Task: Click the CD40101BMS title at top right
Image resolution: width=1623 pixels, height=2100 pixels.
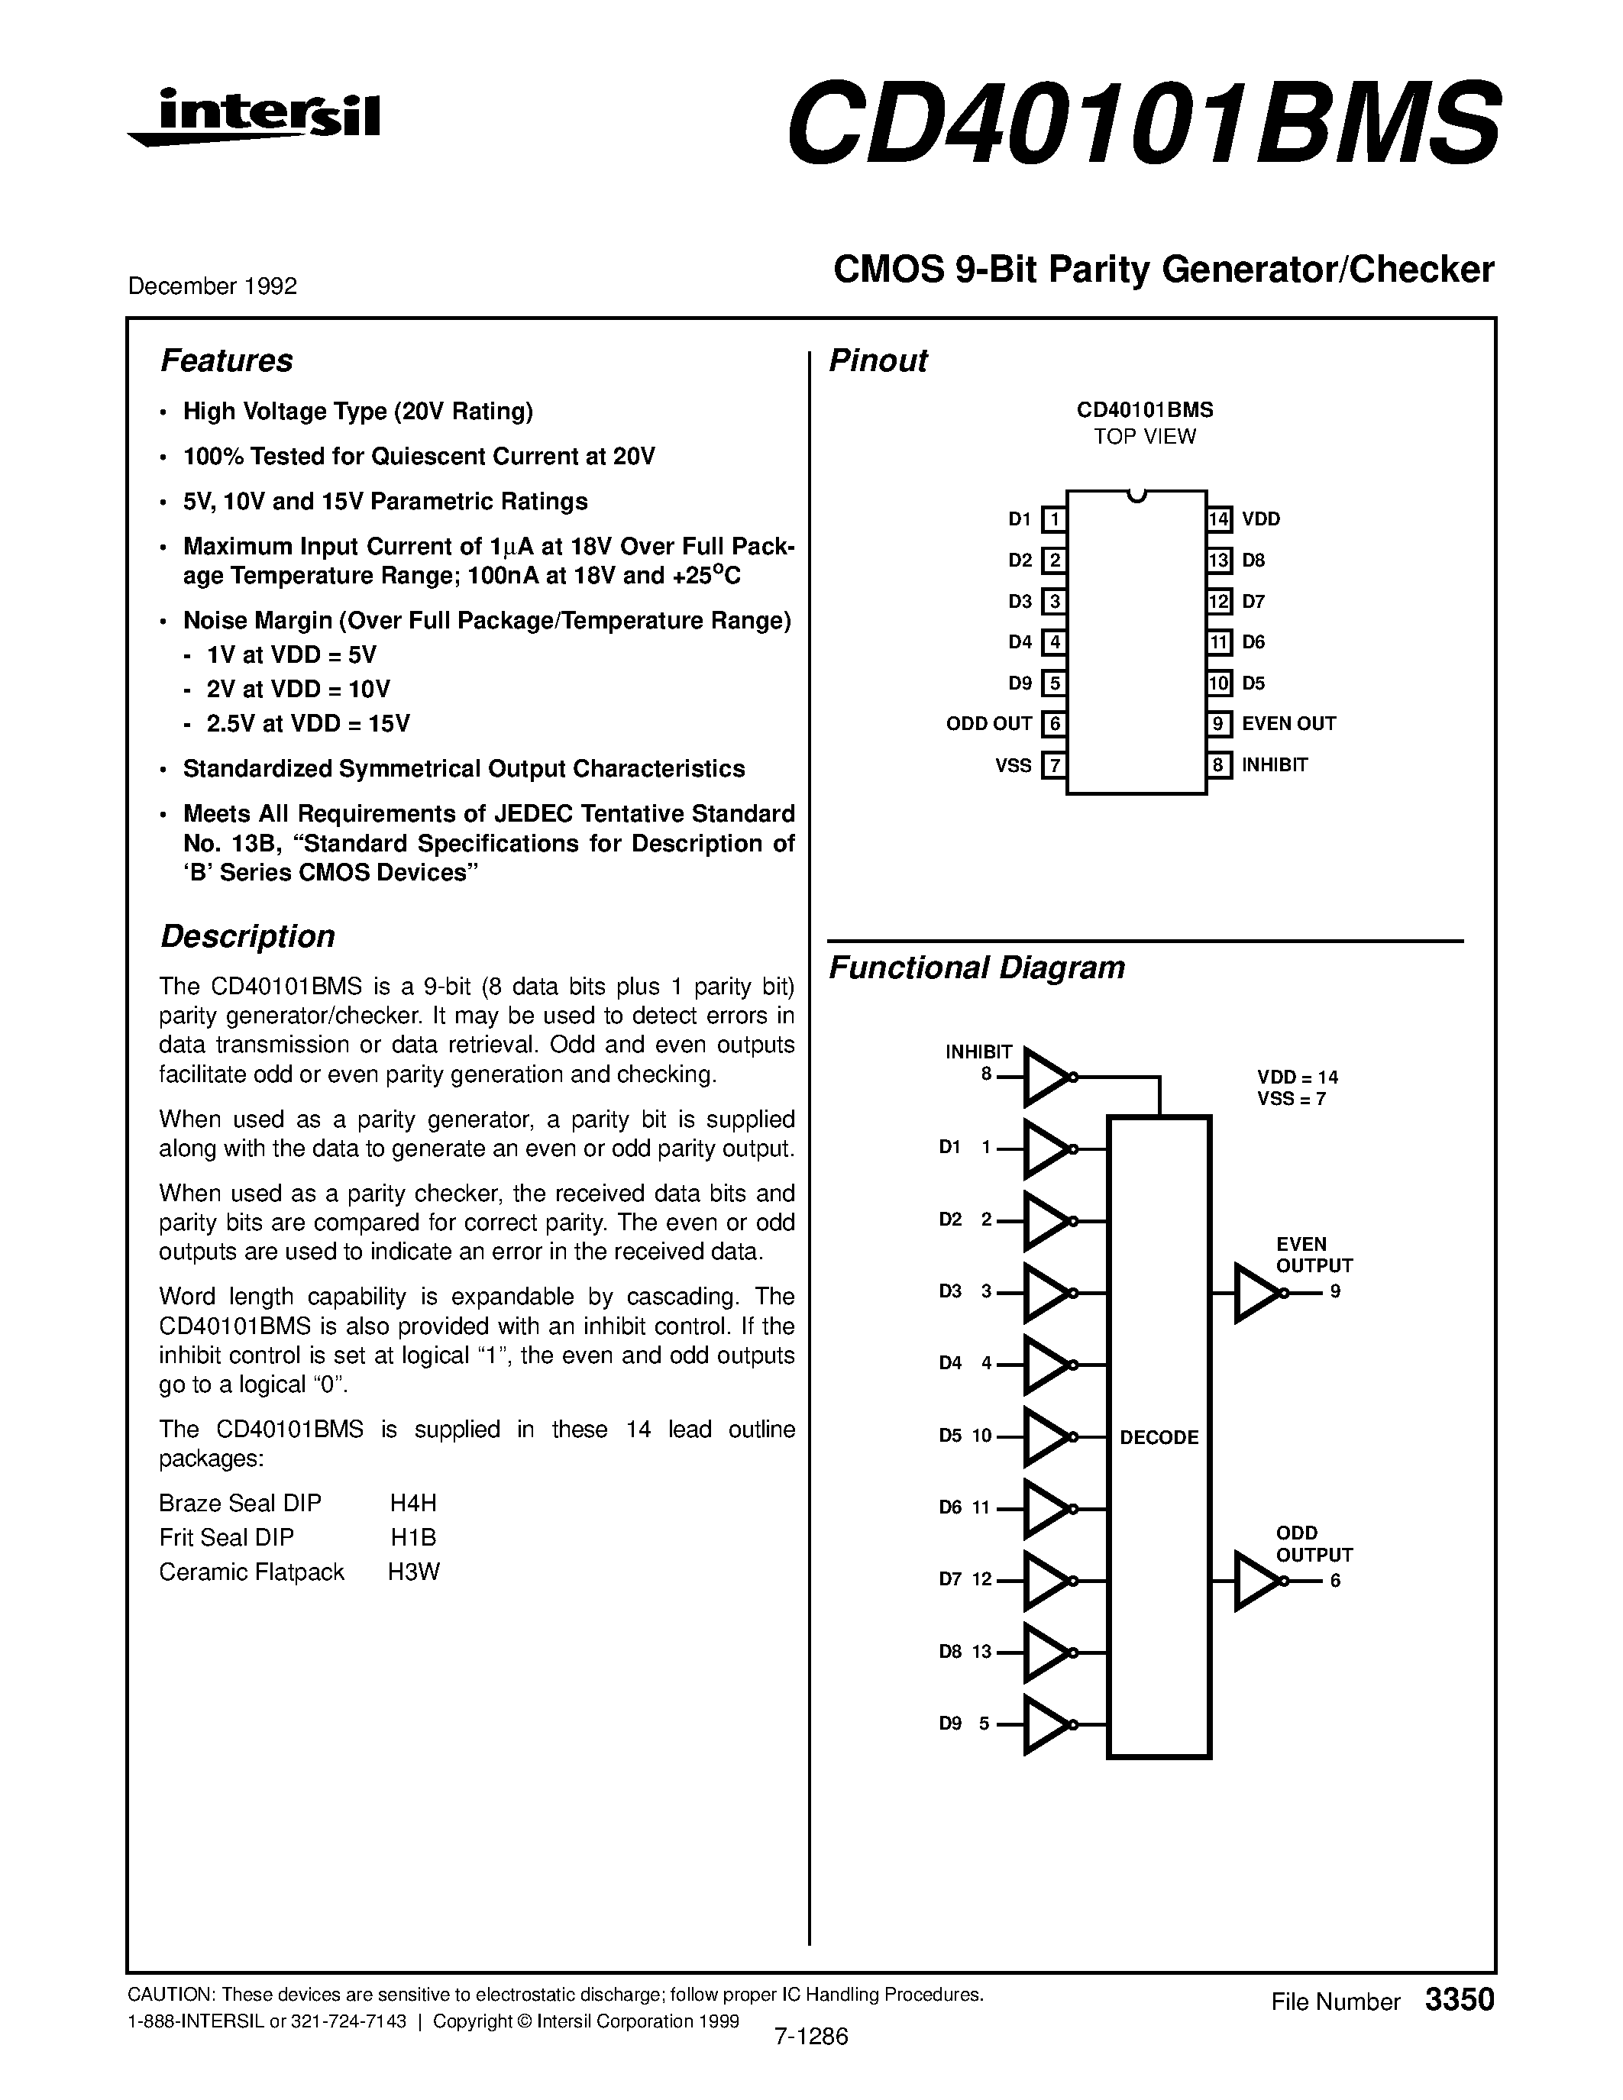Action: pyautogui.click(x=1143, y=123)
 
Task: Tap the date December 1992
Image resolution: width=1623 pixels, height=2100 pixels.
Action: pyautogui.click(x=212, y=286)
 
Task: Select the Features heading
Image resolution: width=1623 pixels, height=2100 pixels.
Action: pyautogui.click(x=226, y=360)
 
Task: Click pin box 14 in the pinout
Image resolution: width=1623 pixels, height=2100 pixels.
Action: pyautogui.click(x=1219, y=520)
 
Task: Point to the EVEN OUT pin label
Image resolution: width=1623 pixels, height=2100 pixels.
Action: pyautogui.click(x=1288, y=724)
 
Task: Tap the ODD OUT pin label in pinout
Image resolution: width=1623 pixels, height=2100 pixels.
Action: pyautogui.click(x=988, y=724)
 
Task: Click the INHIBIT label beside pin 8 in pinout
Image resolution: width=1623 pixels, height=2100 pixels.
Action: pyautogui.click(x=1274, y=765)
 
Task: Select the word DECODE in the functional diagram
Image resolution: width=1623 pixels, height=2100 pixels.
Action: pyautogui.click(x=1159, y=1437)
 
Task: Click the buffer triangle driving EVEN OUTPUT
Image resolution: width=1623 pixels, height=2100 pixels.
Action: pyautogui.click(x=1256, y=1294)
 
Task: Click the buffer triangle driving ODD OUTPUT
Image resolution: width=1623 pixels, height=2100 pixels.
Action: pyautogui.click(x=1256, y=1581)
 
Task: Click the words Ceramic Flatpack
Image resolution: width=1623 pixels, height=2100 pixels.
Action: pyautogui.click(x=252, y=1572)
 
